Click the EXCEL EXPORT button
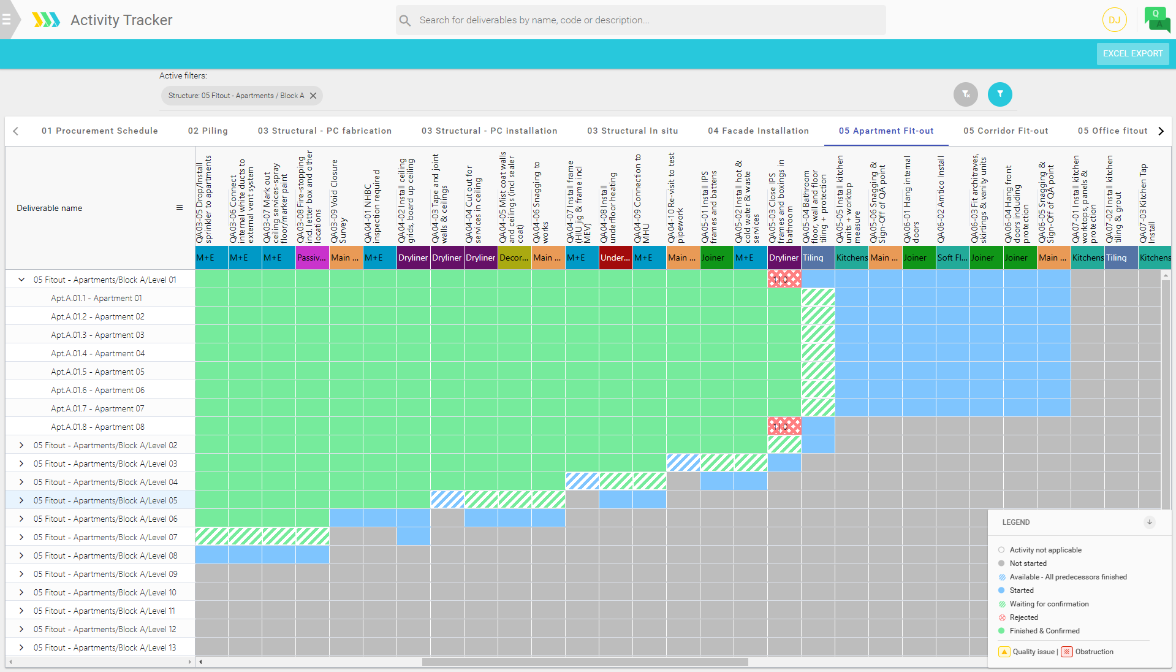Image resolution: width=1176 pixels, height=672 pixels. [1132, 53]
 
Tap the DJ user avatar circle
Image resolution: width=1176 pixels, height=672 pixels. [1114, 20]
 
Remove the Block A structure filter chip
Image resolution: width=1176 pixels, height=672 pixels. [313, 96]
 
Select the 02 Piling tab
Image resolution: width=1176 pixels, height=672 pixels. [208, 131]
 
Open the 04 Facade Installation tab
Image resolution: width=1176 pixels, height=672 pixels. [758, 131]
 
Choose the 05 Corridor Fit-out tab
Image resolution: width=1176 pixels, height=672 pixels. [1005, 131]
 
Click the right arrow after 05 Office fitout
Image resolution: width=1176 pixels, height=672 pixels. [1161, 131]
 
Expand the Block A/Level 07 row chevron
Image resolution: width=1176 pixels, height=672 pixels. [21, 537]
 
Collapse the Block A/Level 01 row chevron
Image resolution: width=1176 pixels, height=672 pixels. [21, 280]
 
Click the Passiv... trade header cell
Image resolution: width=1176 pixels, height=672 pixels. [312, 258]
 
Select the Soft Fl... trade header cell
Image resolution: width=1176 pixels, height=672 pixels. [952, 258]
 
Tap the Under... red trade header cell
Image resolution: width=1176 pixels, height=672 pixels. [615, 258]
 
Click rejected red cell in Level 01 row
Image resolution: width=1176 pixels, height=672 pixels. [784, 280]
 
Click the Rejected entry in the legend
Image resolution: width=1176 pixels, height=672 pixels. [1023, 617]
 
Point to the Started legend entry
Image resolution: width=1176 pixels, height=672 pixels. [1021, 590]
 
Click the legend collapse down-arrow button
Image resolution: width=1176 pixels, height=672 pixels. [1149, 522]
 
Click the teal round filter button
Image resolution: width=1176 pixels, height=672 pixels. [1000, 94]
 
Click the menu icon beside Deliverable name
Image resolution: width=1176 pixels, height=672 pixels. [180, 208]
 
